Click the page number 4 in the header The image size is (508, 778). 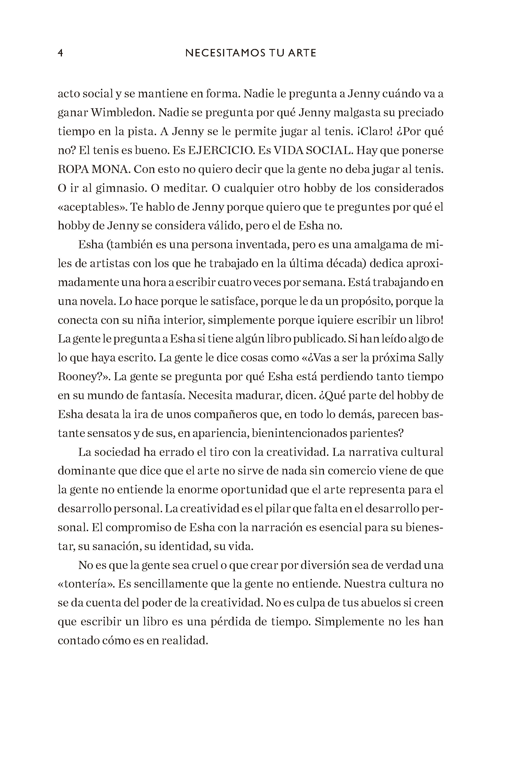60,53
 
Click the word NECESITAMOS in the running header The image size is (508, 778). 219,53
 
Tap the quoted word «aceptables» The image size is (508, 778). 91,207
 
